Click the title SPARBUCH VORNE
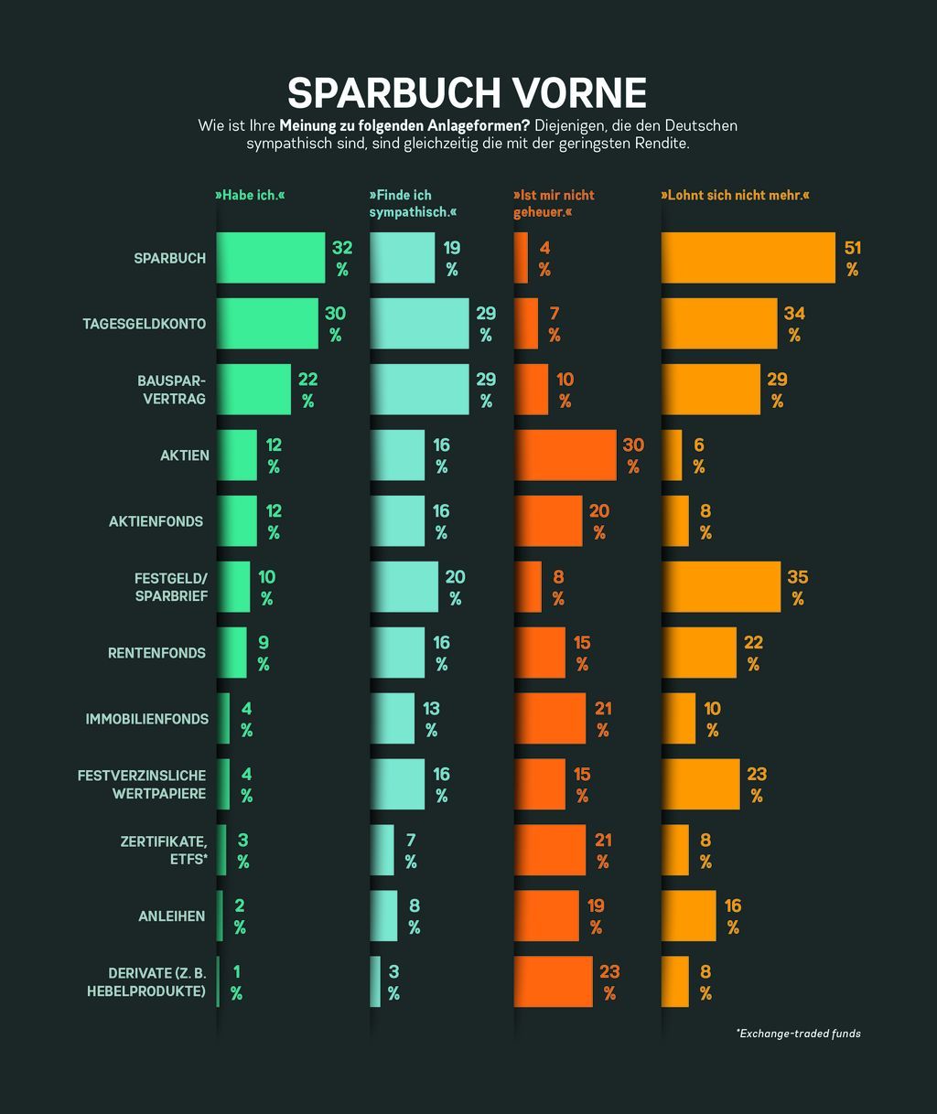coord(467,93)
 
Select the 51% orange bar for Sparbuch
coord(748,258)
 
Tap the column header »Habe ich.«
coord(250,196)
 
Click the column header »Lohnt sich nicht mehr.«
coord(735,196)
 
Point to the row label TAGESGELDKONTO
coord(145,324)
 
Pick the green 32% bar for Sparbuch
coord(271,258)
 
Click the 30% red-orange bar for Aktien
coord(565,455)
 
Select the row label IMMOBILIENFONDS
coord(146,719)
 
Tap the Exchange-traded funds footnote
coord(798,1034)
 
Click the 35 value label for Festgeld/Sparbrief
coord(798,577)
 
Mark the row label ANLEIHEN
coord(171,916)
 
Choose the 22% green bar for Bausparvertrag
coord(253,390)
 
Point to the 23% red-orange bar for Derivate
coord(553,981)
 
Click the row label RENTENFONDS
coord(156,653)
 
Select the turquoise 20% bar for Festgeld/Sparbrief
coord(404,587)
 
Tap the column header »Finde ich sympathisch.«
coord(413,204)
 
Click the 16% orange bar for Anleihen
coord(689,916)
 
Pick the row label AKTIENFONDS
coord(156,521)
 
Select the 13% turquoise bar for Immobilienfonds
coord(392,718)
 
